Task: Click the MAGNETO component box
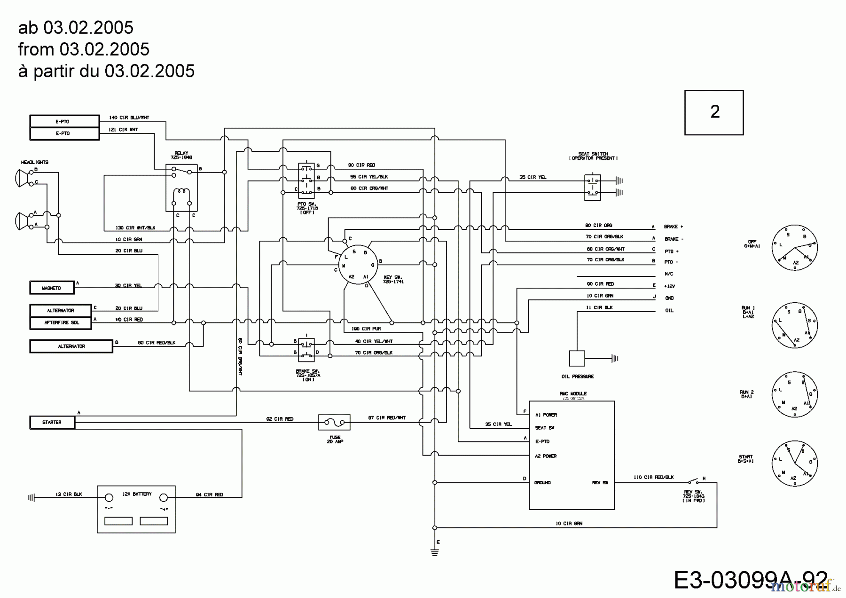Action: point(52,288)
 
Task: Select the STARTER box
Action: point(52,422)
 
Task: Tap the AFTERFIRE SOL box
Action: point(61,323)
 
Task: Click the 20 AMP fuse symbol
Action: point(334,422)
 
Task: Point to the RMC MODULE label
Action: point(572,393)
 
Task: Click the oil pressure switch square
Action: point(577,358)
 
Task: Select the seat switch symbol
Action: point(592,187)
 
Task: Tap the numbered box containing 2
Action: point(713,112)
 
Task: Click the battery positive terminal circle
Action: point(164,497)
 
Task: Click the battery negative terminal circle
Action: point(109,497)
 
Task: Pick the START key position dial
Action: point(794,464)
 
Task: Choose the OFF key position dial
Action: point(794,248)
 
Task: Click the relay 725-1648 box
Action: point(181,188)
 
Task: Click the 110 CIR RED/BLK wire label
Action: point(653,477)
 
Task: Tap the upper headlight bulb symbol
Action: point(22,178)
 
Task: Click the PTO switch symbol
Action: point(306,179)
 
